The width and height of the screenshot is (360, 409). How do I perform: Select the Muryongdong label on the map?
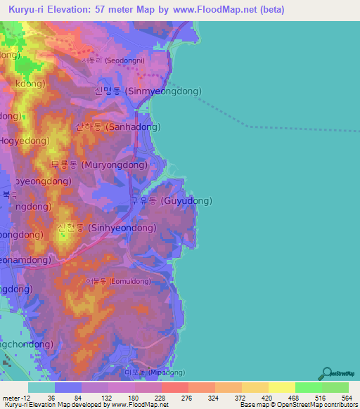pos(99,165)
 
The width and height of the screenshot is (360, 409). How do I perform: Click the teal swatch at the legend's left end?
pos(41,387)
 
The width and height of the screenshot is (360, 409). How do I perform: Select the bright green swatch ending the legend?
pos(335,387)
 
